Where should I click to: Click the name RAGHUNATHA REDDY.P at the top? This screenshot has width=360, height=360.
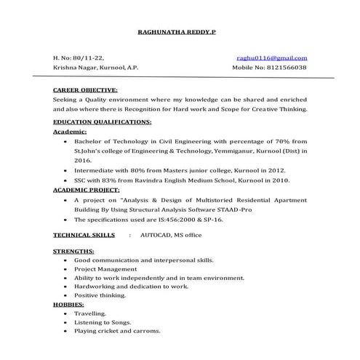[177, 32]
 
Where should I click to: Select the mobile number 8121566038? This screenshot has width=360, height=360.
[287, 67]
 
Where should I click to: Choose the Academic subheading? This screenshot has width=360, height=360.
[71, 132]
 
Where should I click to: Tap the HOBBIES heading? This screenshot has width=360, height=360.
[68, 304]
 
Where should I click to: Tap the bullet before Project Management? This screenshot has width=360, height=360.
[66, 268]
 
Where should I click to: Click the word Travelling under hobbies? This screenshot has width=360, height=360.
[90, 313]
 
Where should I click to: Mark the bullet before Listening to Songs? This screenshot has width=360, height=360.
[66, 321]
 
